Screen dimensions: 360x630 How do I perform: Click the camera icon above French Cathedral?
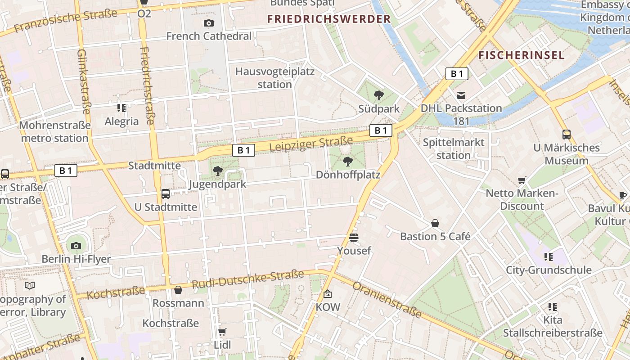pos(209,23)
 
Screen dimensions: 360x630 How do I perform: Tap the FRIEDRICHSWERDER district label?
pos(329,19)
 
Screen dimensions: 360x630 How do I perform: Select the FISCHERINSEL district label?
pos(521,55)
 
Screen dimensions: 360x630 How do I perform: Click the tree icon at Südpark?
pos(379,95)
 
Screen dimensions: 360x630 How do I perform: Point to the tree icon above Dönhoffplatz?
pos(347,161)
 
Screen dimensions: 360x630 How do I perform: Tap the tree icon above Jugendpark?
pos(217,171)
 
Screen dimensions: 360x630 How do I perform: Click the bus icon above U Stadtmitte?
pos(166,194)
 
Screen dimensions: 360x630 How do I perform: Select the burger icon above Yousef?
pos(354,237)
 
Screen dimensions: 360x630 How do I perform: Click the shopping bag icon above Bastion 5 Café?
pos(435,223)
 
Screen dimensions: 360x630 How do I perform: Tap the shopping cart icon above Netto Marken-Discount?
pos(522,180)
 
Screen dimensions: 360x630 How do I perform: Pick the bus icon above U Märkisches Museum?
pos(567,134)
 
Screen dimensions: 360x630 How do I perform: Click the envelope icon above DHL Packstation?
pos(461,95)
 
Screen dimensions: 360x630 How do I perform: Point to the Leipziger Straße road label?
pos(311,145)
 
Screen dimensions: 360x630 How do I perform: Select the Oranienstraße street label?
pos(387,300)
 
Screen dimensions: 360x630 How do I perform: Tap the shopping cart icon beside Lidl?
pos(222,332)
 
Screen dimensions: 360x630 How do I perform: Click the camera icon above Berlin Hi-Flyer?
pos(76,246)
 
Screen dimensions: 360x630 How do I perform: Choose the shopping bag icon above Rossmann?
pos(178,290)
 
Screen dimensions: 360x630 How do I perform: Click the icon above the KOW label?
pos(328,294)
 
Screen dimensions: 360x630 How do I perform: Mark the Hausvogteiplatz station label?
pos(275,78)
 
